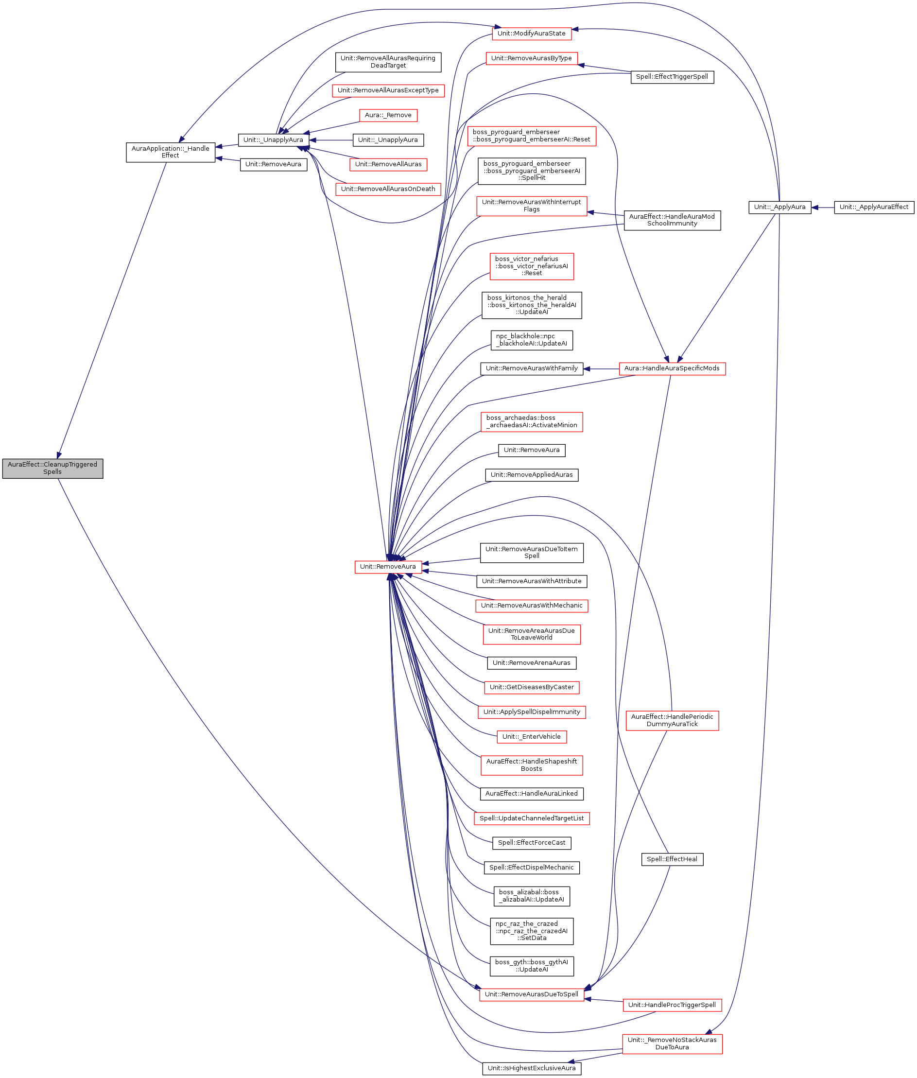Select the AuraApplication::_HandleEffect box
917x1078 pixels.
[171, 152]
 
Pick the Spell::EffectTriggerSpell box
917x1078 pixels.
[672, 77]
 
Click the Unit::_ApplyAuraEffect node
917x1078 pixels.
[873, 207]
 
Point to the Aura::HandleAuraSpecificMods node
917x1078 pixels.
[672, 368]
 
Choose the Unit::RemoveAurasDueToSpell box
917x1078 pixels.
[531, 994]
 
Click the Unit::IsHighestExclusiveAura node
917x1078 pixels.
[531, 1068]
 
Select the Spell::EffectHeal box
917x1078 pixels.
[672, 859]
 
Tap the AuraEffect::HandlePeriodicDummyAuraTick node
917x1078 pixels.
[672, 720]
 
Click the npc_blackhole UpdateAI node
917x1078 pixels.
[531, 340]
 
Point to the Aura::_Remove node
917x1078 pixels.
[388, 115]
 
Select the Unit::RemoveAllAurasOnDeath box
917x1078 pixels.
[388, 189]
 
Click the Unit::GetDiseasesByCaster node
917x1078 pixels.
[531, 687]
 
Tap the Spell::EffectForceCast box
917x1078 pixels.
[531, 843]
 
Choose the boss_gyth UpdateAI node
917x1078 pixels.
[531, 966]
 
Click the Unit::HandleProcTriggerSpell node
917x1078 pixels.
[672, 1005]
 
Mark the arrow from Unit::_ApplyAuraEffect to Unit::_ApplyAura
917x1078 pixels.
[822, 208]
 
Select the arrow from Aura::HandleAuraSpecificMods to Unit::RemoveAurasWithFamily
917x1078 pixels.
[601, 369]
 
